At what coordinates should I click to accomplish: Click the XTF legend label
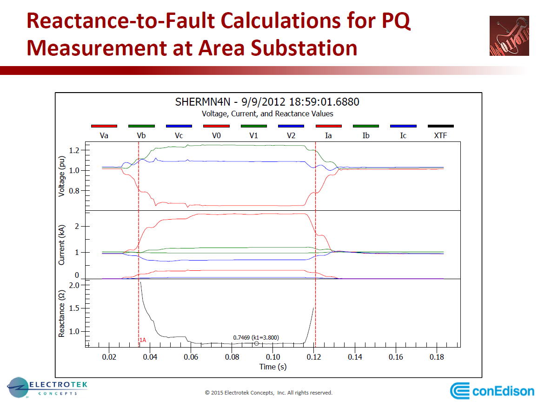[x=440, y=135]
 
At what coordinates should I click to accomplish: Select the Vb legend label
[x=142, y=135]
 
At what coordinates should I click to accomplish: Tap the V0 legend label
[x=216, y=135]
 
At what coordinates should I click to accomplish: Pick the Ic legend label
[x=403, y=135]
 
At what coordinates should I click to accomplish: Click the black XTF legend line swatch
[x=440, y=126]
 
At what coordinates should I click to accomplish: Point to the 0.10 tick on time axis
[x=273, y=357]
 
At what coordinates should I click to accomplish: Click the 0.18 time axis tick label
[x=437, y=357]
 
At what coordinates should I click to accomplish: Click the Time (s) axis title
[x=273, y=367]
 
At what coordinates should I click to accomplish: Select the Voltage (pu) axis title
[x=61, y=175]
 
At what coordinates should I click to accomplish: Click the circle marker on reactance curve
[x=256, y=343]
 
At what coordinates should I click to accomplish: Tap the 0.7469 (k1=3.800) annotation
[x=256, y=337]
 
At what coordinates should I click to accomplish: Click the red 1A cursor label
[x=143, y=340]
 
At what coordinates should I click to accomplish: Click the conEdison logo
[x=492, y=390]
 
